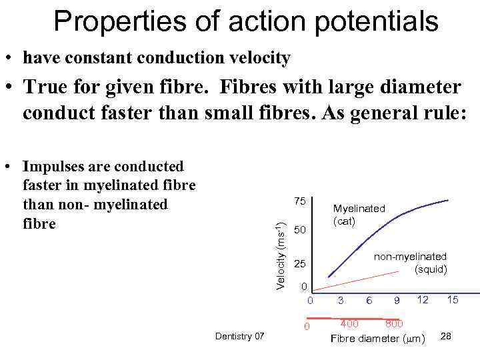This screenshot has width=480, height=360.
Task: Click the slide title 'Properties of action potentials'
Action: pos(245,21)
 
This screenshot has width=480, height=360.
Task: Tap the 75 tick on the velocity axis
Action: pos(300,202)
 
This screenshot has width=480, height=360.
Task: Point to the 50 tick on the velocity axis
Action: pos(300,230)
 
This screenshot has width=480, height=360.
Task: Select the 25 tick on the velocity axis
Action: pos(300,265)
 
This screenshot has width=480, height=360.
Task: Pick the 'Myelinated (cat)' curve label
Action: pos(359,215)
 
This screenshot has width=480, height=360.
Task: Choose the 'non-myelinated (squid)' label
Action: pos(409,263)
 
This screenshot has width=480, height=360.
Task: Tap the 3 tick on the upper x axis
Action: pos(340,300)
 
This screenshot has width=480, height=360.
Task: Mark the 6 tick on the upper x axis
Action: pos(369,301)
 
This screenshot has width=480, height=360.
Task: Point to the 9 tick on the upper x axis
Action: pos(396,301)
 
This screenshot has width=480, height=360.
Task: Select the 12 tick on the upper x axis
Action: pos(423,299)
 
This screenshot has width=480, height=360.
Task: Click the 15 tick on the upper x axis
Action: pos(453,300)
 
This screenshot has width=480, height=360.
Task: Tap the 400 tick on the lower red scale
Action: pos(349,324)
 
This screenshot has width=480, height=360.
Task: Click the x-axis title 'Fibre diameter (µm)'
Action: pos(377,339)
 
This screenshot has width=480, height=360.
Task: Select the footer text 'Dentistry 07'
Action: pos(240,336)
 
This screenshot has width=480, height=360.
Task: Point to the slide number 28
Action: pos(446,336)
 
